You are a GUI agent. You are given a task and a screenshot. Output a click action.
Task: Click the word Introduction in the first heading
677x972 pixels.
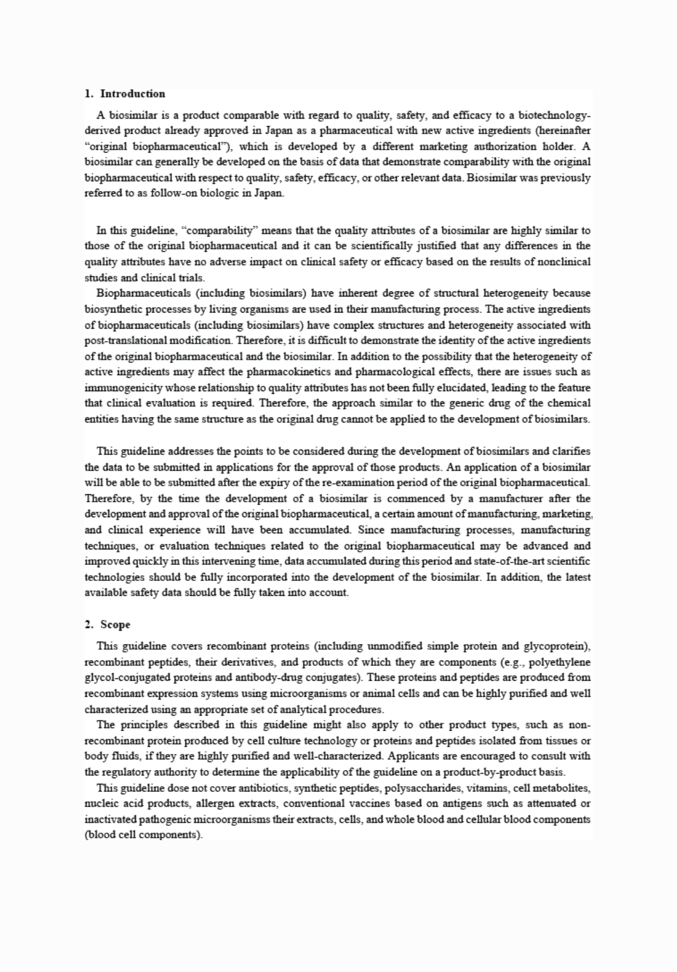point(132,93)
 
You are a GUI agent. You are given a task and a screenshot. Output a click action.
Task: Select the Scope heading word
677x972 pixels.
point(115,624)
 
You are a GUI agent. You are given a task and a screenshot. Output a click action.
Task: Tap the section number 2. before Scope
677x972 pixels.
point(89,624)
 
